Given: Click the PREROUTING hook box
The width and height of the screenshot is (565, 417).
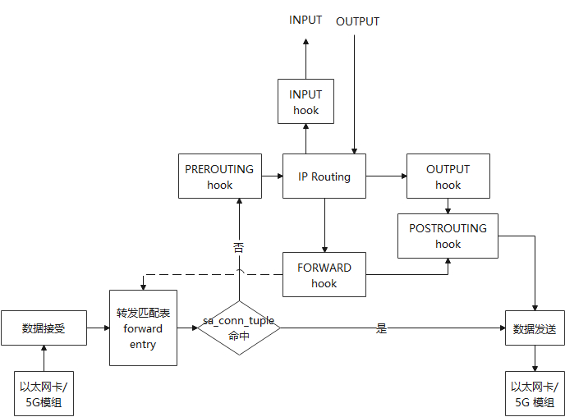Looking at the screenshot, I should pyautogui.click(x=219, y=176).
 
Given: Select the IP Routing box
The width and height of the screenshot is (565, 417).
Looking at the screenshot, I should pyautogui.click(x=324, y=176).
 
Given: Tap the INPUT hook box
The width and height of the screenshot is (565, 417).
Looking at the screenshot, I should pyautogui.click(x=305, y=102).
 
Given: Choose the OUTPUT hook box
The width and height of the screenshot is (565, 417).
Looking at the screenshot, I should pyautogui.click(x=448, y=176).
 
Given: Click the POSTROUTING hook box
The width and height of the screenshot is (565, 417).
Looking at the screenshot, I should pyautogui.click(x=448, y=236).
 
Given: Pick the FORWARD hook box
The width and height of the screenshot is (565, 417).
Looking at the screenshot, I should pyautogui.click(x=324, y=275).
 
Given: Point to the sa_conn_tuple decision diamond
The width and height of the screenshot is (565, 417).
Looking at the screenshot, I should pyautogui.click(x=239, y=327).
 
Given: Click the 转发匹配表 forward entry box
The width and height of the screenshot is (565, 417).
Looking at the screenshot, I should pyautogui.click(x=143, y=328).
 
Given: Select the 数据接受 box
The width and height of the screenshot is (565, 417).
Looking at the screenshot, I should pyautogui.click(x=43, y=328).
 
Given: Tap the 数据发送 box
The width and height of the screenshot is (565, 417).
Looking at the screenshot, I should pyautogui.click(x=535, y=328).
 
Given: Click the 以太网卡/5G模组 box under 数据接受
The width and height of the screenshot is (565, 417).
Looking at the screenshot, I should pyautogui.click(x=43, y=393).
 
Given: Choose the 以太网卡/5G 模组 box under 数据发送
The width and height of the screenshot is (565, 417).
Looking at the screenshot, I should pyautogui.click(x=535, y=393).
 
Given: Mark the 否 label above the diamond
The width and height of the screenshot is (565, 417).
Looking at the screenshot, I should pyautogui.click(x=239, y=246).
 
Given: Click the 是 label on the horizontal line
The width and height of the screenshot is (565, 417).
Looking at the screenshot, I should pyautogui.click(x=381, y=328).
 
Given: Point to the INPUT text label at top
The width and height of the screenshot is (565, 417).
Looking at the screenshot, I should pyautogui.click(x=305, y=21).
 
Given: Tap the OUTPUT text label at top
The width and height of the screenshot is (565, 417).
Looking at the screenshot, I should pyautogui.click(x=357, y=21).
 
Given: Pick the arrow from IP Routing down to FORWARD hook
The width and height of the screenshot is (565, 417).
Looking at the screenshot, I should pyautogui.click(x=324, y=225).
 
